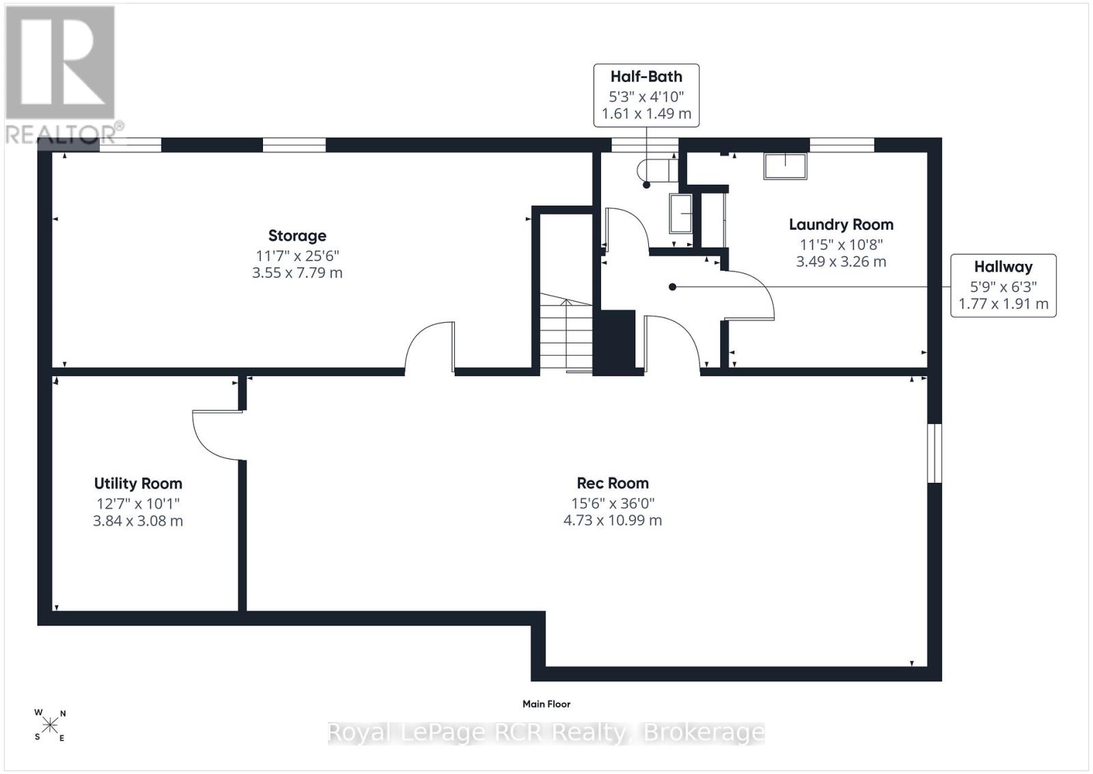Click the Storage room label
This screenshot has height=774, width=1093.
pyautogui.click(x=297, y=236)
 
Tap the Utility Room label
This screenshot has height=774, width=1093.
pyautogui.click(x=138, y=483)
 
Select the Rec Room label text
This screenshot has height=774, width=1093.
pyautogui.click(x=613, y=483)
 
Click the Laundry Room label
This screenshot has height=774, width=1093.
pyautogui.click(x=841, y=225)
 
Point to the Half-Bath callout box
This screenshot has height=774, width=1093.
pyautogui.click(x=646, y=95)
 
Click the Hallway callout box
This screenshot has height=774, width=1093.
pyautogui.click(x=1004, y=285)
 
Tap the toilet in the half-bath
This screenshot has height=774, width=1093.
pyautogui.click(x=656, y=170)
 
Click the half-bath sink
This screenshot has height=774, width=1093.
pyautogui.click(x=680, y=213)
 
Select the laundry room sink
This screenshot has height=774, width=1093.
pyautogui.click(x=785, y=166)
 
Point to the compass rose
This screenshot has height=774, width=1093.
pyautogui.click(x=50, y=725)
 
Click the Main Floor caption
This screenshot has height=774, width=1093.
pyautogui.click(x=546, y=704)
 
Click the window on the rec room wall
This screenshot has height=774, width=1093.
pyautogui.click(x=935, y=453)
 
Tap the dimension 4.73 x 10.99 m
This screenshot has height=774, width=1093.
pyautogui.click(x=612, y=520)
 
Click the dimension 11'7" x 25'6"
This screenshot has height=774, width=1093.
pyautogui.click(x=297, y=256)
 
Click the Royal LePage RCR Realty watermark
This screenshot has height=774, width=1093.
pyautogui.click(x=546, y=732)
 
